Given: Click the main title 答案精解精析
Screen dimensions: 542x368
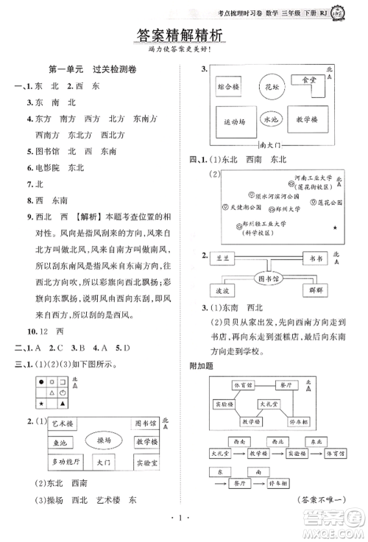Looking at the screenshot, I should [183, 35].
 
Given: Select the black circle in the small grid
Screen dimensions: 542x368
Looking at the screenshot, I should [41, 381].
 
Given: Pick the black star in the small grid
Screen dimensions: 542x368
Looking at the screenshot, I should [41, 404].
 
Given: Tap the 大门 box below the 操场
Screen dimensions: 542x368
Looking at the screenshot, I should [104, 463].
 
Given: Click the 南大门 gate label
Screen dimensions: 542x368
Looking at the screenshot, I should [271, 146].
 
